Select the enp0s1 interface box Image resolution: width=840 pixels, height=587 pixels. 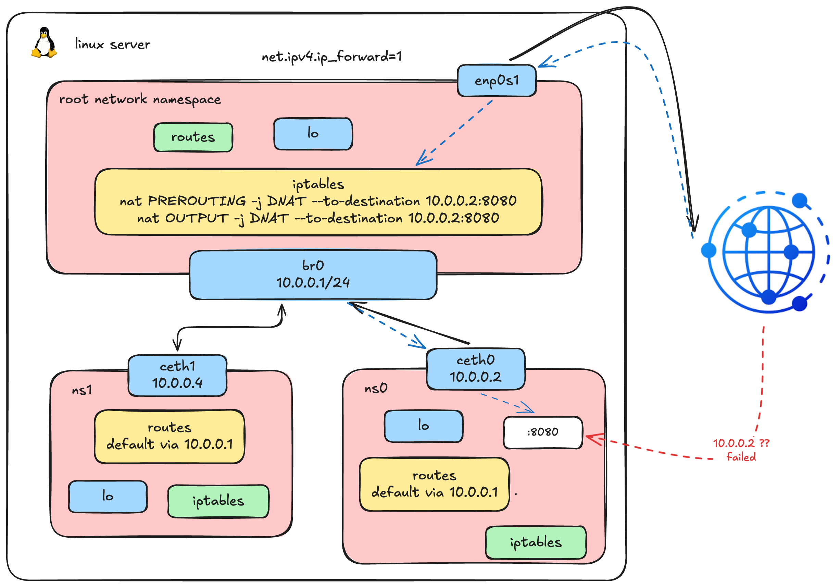[x=497, y=81]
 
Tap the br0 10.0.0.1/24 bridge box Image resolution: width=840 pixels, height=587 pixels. [x=313, y=274]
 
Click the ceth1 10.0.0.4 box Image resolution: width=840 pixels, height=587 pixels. [x=177, y=375]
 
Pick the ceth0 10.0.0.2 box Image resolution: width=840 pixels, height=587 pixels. [x=475, y=369]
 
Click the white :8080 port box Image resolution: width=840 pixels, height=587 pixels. [x=542, y=432]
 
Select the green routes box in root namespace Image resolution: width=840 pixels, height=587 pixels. [x=193, y=137]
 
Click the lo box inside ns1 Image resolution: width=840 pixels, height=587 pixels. [x=108, y=496]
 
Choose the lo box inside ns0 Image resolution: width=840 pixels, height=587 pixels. [x=423, y=426]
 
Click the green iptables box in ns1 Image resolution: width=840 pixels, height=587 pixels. [x=218, y=501]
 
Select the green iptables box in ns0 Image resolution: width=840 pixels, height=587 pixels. [x=536, y=542]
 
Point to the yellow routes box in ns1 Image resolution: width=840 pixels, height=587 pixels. [x=170, y=436]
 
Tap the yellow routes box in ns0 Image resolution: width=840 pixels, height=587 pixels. [x=434, y=484]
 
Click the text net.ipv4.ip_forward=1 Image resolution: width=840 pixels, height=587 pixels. [x=331, y=57]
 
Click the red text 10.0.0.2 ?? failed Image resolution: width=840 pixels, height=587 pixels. [x=741, y=450]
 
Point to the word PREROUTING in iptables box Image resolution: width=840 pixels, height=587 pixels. [x=197, y=201]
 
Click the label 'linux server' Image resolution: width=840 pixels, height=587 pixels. [x=112, y=44]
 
